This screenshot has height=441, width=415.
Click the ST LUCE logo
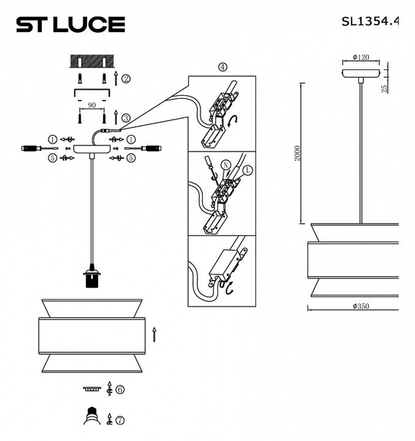click(x=71, y=24)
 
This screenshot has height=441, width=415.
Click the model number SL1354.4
click(x=369, y=22)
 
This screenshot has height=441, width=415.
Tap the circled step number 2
click(x=126, y=78)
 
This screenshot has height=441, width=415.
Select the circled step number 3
click(x=126, y=118)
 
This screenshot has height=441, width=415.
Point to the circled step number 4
click(x=223, y=67)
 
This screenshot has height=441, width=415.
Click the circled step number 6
click(x=120, y=390)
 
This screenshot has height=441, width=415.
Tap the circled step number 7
click(x=120, y=420)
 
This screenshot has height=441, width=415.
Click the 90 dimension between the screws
click(x=92, y=105)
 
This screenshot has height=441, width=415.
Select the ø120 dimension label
click(x=361, y=57)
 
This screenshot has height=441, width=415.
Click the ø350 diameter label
click(x=361, y=306)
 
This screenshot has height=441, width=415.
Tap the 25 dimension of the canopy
click(x=384, y=88)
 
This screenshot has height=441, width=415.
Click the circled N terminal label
click(x=225, y=164)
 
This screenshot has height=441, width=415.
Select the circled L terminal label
click(x=248, y=170)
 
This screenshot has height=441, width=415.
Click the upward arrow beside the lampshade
click(x=154, y=334)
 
